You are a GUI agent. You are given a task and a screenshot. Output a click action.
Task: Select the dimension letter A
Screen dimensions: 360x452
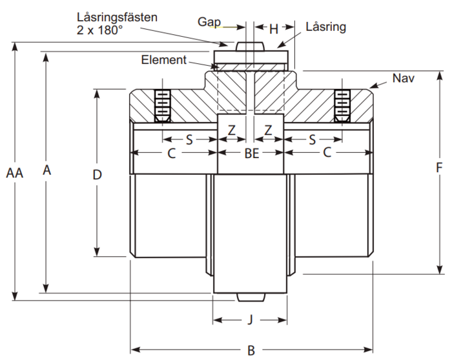pyautogui.click(x=46, y=170)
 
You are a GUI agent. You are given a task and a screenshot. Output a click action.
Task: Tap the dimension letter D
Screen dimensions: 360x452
pyautogui.click(x=97, y=174)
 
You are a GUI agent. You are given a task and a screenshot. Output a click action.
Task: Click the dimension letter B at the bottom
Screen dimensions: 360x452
pyautogui.click(x=251, y=350)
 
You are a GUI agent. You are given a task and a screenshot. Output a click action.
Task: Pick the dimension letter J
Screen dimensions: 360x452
pyautogui.click(x=251, y=319)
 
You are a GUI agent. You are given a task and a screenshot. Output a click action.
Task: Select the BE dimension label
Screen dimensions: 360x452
pyautogui.click(x=251, y=154)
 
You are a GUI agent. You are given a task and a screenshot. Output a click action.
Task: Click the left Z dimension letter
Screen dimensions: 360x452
pyautogui.click(x=232, y=130)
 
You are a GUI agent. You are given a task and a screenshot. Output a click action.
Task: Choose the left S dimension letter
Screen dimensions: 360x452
pyautogui.click(x=189, y=139)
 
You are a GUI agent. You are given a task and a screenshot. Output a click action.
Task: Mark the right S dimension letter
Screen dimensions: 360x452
pyautogui.click(x=312, y=139)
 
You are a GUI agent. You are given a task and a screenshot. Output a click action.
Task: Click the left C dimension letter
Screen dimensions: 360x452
pyautogui.click(x=172, y=154)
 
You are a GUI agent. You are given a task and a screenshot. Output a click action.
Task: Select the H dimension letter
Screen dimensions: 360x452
pyautogui.click(x=273, y=29)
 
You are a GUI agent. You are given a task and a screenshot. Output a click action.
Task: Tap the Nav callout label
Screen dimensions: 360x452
pyautogui.click(x=403, y=78)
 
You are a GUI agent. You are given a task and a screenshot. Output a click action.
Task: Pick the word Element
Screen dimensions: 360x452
pyautogui.click(x=164, y=60)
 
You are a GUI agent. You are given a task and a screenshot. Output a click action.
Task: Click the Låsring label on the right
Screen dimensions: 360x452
pyautogui.click(x=326, y=27)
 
